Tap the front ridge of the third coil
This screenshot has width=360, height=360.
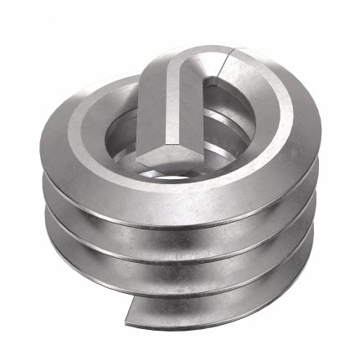click(x=180, y=283)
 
